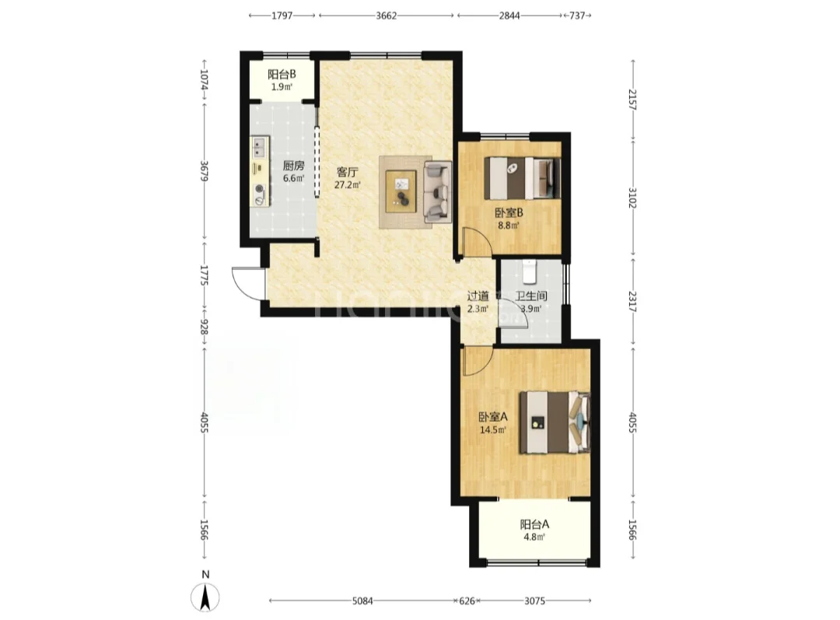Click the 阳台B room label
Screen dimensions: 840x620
[x=282, y=75]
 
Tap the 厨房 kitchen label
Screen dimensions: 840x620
[x=293, y=166]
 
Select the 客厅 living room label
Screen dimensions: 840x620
[x=347, y=173]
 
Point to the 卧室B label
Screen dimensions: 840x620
[x=509, y=212]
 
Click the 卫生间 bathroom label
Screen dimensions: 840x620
[x=531, y=296]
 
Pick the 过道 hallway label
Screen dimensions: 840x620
[x=478, y=296]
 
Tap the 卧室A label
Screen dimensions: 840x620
[x=493, y=416]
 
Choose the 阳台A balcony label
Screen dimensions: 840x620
[x=534, y=524]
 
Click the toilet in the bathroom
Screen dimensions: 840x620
[x=530, y=271]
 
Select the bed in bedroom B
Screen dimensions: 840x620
[x=523, y=178]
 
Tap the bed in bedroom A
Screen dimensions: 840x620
[x=555, y=423]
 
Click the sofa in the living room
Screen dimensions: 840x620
[x=437, y=191]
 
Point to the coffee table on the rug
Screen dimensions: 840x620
[x=402, y=191]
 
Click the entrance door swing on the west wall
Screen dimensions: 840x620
[x=248, y=283]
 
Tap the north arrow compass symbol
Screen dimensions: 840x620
[x=205, y=596]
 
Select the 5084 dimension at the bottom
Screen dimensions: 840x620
[x=362, y=601]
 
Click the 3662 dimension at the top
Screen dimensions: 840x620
[x=387, y=16]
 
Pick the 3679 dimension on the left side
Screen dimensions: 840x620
[x=204, y=170]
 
